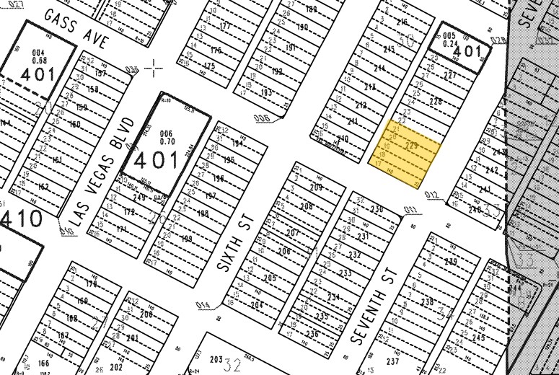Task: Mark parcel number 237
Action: click(x=392, y=361)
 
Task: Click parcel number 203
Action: click(x=215, y=359)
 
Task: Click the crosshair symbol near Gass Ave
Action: click(x=154, y=68)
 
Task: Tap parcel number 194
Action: click(x=238, y=144)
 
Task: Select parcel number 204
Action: click(x=257, y=305)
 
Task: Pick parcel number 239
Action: click(x=451, y=262)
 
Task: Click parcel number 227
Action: click(x=451, y=76)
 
